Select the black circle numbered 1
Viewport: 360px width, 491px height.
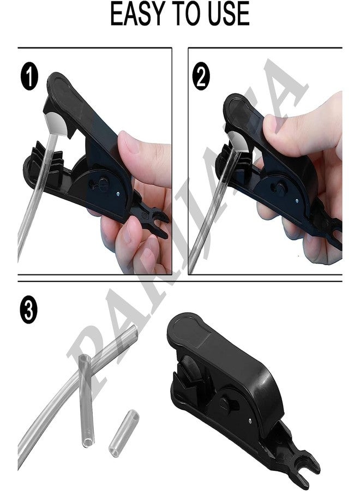pyautogui.click(x=29, y=76)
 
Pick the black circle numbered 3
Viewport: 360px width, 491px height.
pyautogui.click(x=28, y=310)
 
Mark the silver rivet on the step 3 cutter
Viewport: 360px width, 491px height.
pyautogui.click(x=251, y=421)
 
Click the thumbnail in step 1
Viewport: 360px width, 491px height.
pyautogui.click(x=128, y=143)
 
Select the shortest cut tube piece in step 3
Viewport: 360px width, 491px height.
pyautogui.click(x=124, y=433)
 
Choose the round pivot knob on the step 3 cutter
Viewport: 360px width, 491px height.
pyautogui.click(x=226, y=404)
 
